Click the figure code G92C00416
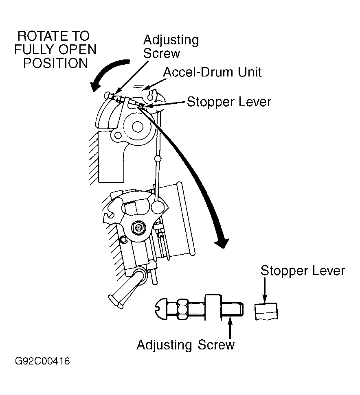(x=42, y=361)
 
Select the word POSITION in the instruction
(x=55, y=63)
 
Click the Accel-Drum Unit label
(x=212, y=72)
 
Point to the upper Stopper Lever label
(x=229, y=102)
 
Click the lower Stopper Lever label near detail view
(x=303, y=271)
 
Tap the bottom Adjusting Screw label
(x=186, y=345)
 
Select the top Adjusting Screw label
(x=171, y=47)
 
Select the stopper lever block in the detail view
(x=266, y=312)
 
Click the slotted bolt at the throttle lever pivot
(x=138, y=228)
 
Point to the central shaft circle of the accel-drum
(x=137, y=127)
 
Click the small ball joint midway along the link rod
(x=158, y=159)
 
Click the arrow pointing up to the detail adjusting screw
(x=230, y=328)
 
